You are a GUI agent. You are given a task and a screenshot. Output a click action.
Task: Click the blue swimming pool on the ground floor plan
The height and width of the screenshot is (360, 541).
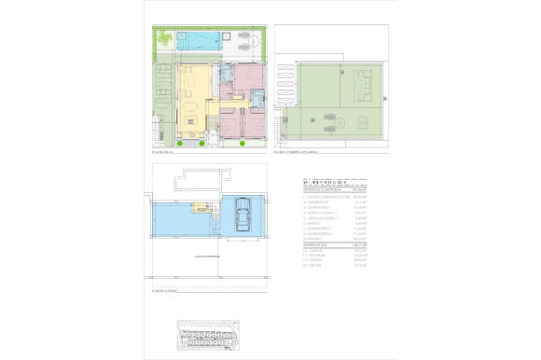(198, 41)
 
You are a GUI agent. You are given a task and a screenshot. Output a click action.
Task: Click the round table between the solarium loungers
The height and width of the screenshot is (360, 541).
(341, 122)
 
